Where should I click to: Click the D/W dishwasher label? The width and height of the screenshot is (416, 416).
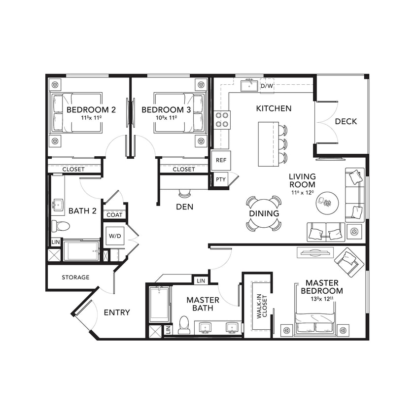(x=267, y=86)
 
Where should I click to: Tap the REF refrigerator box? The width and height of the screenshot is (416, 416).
(x=221, y=160)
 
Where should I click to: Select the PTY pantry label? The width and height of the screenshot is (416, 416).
(x=220, y=179)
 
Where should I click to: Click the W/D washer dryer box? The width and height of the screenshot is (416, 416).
(x=114, y=236)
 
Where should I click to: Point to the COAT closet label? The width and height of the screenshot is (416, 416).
(x=114, y=215)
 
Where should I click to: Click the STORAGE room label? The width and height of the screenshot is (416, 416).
(x=75, y=277)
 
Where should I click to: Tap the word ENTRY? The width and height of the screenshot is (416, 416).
(x=117, y=312)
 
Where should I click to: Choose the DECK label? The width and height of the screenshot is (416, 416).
(x=346, y=121)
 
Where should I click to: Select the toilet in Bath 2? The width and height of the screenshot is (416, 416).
(x=61, y=226)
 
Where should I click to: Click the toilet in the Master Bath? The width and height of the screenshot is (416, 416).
(x=184, y=324)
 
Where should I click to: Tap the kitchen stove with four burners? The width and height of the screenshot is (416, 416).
(x=222, y=120)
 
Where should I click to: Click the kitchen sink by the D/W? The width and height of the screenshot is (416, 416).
(x=249, y=86)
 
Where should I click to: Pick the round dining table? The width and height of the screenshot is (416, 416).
(x=264, y=214)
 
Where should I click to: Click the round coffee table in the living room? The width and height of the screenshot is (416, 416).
(x=327, y=202)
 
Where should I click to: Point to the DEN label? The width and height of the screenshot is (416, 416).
(x=184, y=207)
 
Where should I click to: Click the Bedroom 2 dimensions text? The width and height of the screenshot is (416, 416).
(x=91, y=118)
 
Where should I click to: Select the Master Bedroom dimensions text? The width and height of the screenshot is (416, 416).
(x=322, y=299)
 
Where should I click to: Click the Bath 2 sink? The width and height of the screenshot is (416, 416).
(x=58, y=205)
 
